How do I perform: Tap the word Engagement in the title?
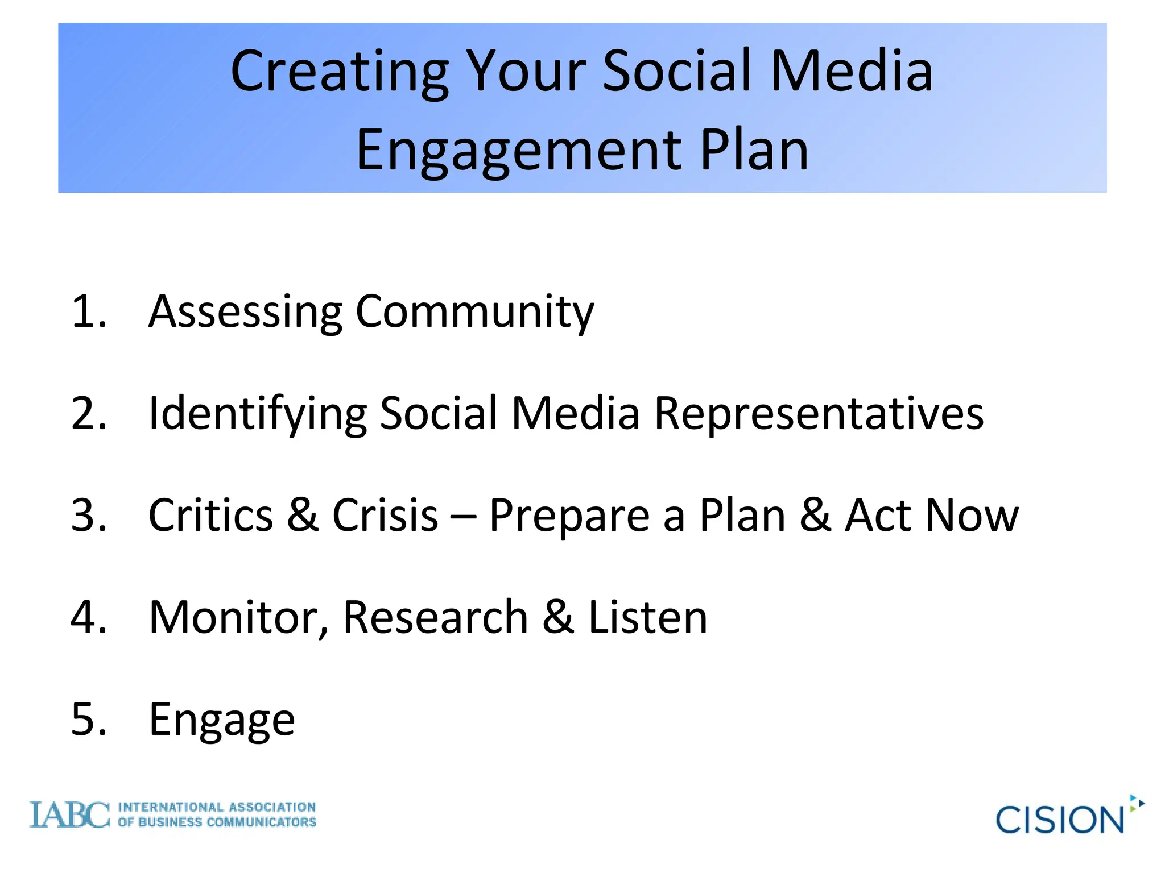(518, 151)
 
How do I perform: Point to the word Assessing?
(245, 313)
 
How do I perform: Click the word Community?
(474, 313)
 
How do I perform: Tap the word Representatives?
(819, 414)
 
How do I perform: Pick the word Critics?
(210, 516)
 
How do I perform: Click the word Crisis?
(385, 516)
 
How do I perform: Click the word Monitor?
(238, 618)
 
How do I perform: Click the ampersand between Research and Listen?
(557, 618)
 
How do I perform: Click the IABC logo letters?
(69, 815)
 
